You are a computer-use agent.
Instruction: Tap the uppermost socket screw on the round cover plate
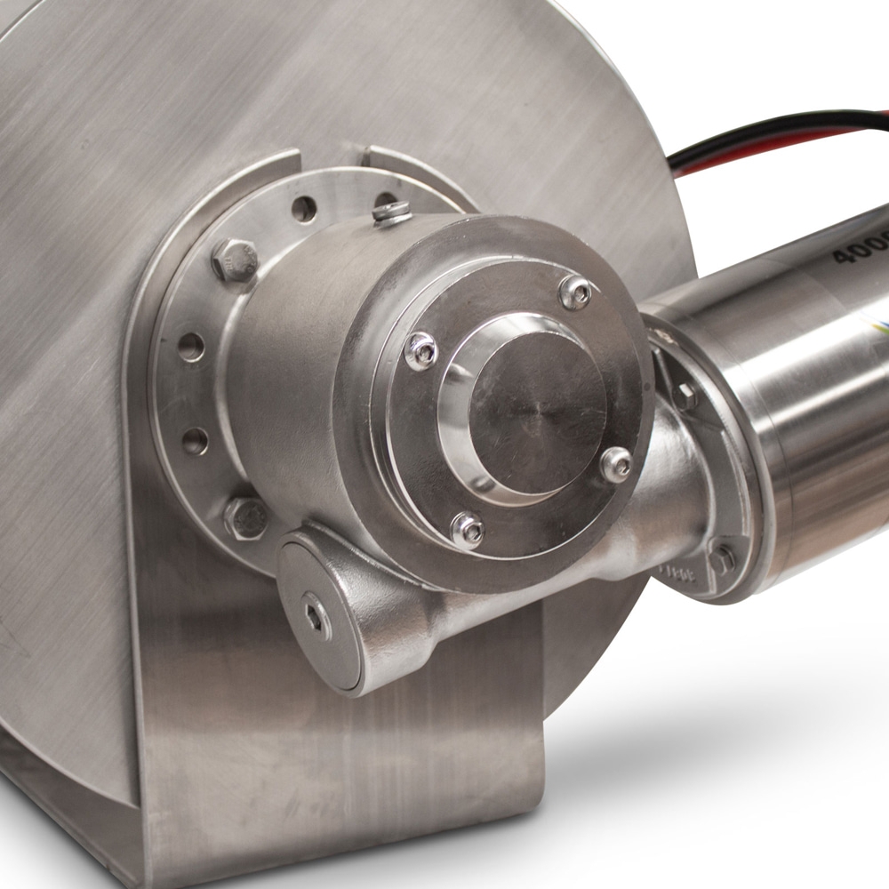[575, 292]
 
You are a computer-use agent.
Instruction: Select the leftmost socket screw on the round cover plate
[421, 350]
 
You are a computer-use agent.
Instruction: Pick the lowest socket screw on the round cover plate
[468, 531]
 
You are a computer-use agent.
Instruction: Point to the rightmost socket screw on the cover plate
[615, 464]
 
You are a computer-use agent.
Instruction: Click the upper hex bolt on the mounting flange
[235, 260]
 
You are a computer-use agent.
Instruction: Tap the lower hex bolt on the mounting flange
[245, 517]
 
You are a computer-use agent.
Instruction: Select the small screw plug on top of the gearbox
[392, 213]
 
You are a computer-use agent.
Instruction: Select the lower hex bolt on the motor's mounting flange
[721, 558]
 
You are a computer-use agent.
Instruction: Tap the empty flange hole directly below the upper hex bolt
[191, 347]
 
